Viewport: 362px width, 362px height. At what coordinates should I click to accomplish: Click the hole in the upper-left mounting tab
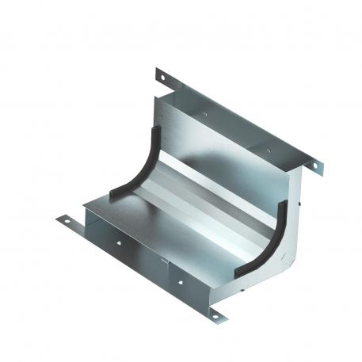coord(161,76)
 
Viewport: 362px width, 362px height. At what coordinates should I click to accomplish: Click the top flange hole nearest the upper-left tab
coord(204,115)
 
